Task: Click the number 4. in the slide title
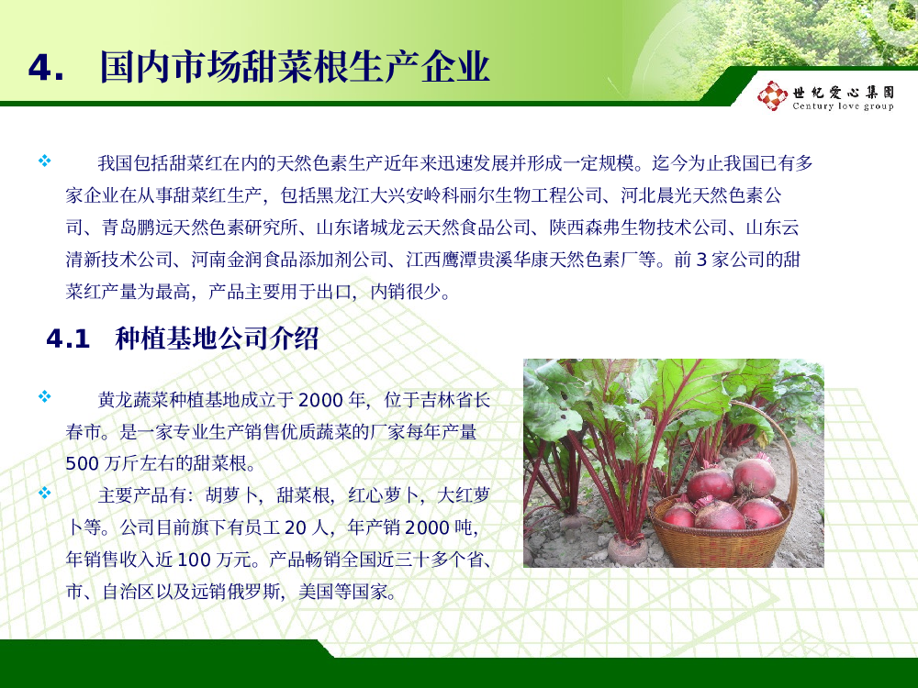(x=46, y=69)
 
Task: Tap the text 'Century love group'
(x=843, y=105)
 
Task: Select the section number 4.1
(x=68, y=338)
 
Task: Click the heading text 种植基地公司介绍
(x=217, y=338)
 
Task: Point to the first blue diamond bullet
(x=44, y=161)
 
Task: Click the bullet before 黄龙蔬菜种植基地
(x=44, y=396)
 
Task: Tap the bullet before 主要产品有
(x=44, y=493)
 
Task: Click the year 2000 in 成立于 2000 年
(x=320, y=400)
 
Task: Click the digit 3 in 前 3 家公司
(x=701, y=260)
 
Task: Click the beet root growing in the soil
(x=627, y=549)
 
